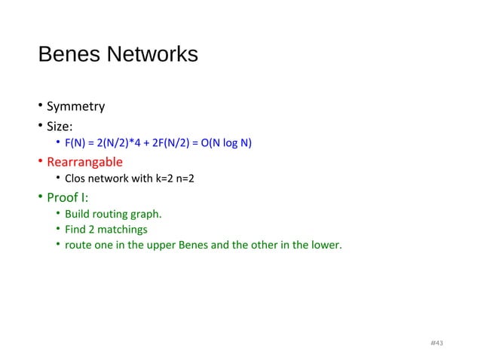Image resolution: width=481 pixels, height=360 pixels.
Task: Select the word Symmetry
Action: (x=75, y=106)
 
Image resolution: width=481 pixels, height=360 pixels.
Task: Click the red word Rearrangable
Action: (x=84, y=162)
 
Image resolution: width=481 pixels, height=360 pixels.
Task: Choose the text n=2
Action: (x=185, y=179)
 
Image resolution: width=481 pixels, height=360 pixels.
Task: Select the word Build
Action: (x=77, y=215)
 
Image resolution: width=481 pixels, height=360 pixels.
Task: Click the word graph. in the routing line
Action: (x=148, y=215)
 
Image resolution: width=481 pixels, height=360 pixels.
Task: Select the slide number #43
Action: (x=437, y=343)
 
